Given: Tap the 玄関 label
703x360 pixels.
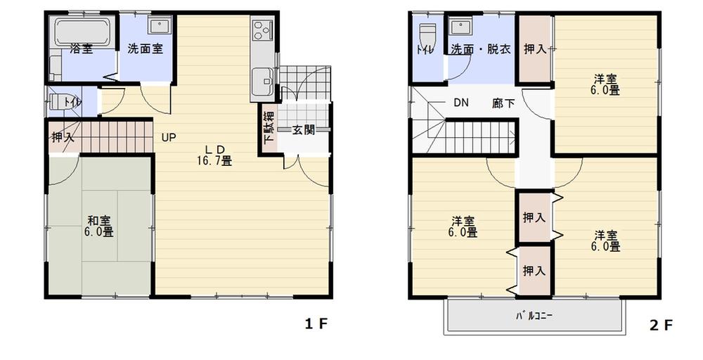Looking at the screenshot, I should point(303,130).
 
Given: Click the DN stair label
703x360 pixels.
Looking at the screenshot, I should point(460,103).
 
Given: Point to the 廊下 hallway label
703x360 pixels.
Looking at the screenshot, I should point(503,103).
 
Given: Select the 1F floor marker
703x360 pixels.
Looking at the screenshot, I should point(316,324).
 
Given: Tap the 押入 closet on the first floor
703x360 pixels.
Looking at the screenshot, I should point(63,138).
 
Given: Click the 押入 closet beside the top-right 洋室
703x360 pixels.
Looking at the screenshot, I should point(535,49).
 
